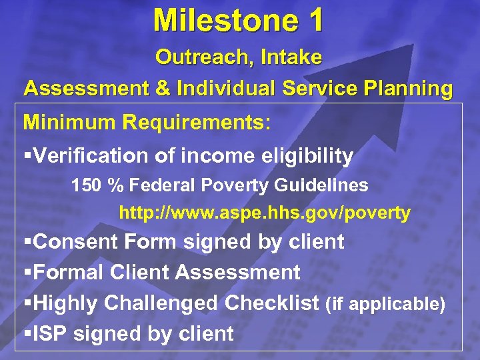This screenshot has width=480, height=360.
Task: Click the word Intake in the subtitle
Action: tap(292, 58)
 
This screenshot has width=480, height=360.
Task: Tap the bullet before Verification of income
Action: tap(27, 157)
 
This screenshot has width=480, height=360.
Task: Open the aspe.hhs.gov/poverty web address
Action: tap(265, 213)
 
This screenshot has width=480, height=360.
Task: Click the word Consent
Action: tap(75, 241)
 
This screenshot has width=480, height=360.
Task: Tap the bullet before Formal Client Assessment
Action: tap(27, 273)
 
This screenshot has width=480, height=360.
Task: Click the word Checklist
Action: tap(272, 303)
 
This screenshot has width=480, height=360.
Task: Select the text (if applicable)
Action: tap(385, 304)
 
